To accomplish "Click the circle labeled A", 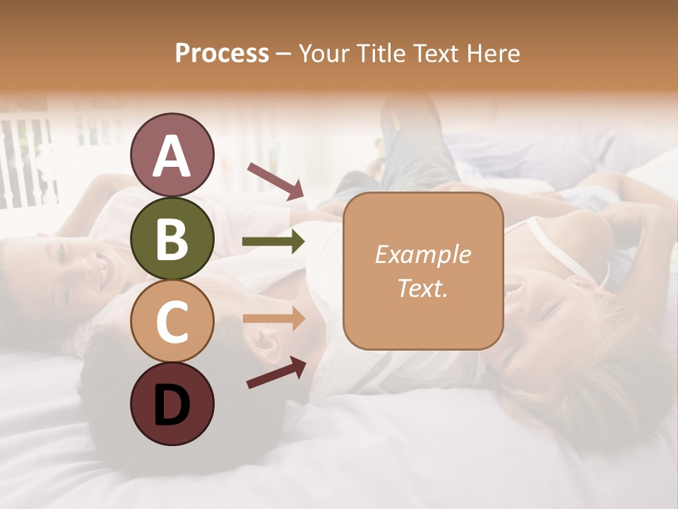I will (x=172, y=155).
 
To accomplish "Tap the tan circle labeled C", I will (x=172, y=321).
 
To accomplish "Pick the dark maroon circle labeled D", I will (x=172, y=404).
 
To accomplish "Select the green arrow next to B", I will (x=273, y=242).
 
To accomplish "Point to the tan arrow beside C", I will (x=273, y=319).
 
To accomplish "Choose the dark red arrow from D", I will (x=276, y=373).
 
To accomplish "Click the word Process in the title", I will (x=222, y=54).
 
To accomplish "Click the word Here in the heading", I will (x=494, y=54).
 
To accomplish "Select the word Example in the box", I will (x=422, y=255).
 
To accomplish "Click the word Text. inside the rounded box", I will (x=422, y=288).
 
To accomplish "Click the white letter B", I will (x=172, y=238).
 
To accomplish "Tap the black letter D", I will (x=172, y=404).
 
